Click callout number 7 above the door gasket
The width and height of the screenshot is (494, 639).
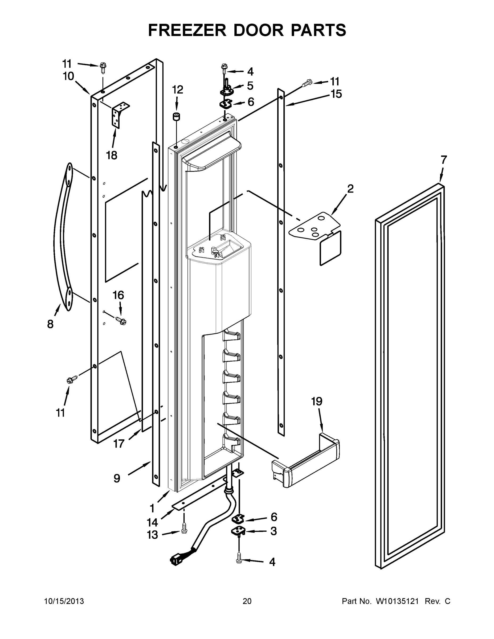[444, 160]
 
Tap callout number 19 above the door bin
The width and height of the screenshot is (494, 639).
[317, 402]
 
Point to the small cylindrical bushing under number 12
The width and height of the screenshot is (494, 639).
[176, 116]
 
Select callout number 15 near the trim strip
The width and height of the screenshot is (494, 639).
[336, 94]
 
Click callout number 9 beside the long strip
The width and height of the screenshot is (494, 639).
[117, 478]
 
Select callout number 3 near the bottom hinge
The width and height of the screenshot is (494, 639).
[273, 531]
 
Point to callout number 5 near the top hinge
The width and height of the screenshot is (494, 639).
[250, 86]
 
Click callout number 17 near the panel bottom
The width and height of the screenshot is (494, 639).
[119, 444]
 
